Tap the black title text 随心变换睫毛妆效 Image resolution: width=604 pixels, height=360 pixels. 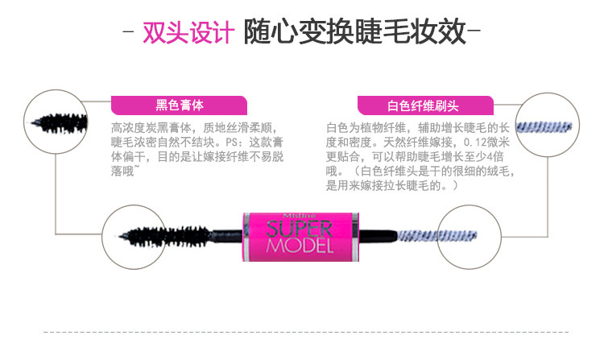(x=354, y=31)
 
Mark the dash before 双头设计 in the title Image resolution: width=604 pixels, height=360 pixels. (x=130, y=33)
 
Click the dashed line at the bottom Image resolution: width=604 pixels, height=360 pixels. (x=302, y=330)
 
